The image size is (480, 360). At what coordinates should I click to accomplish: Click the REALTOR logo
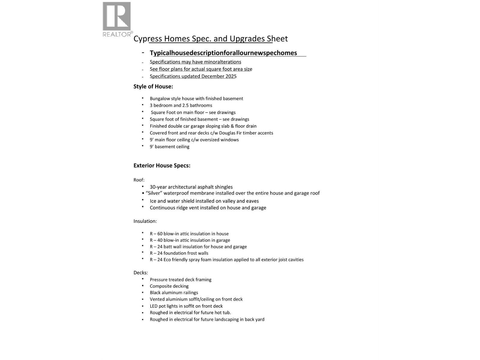tap(117, 19)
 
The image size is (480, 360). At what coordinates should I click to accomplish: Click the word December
tap(213, 76)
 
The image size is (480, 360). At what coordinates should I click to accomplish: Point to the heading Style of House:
tap(153, 87)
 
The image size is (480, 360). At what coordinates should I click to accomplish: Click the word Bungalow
tap(160, 99)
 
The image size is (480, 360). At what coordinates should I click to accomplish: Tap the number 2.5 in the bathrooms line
tap(185, 106)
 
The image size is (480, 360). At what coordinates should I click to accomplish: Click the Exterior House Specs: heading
tap(162, 166)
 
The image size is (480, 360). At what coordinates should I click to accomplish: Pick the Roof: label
tap(139, 180)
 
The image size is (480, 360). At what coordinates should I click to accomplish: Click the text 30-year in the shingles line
tap(158, 187)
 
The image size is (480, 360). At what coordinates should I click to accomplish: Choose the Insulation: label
tap(145, 221)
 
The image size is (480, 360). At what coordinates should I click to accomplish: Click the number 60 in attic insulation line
tap(159, 234)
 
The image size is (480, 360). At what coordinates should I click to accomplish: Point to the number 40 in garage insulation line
tap(159, 240)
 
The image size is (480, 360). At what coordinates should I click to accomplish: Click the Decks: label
tap(140, 273)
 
